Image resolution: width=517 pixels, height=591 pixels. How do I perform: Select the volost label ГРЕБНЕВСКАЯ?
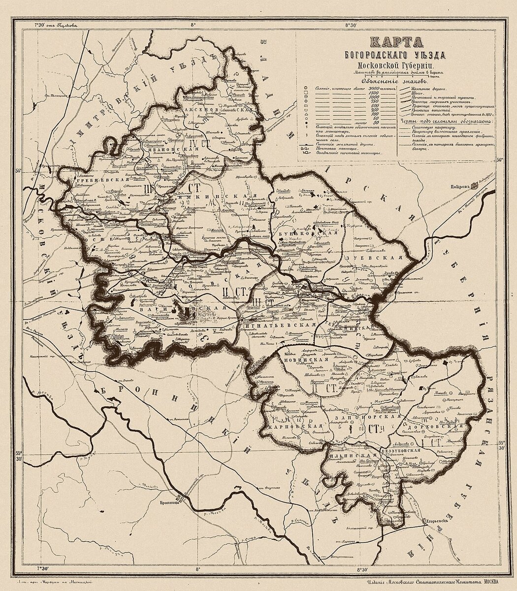(98, 181)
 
